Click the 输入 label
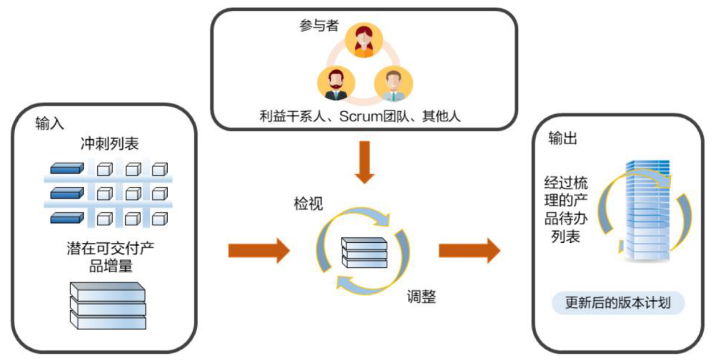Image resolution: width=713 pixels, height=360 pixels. point(50,124)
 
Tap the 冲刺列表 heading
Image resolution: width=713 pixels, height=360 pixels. point(109,144)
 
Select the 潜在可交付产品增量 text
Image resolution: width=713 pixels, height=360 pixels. point(110,258)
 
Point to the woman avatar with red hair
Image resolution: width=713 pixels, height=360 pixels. point(363,42)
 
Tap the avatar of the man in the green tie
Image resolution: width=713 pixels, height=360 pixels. point(393,84)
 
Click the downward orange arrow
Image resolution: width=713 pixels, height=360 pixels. point(364,163)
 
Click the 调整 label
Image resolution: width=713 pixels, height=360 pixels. point(421,296)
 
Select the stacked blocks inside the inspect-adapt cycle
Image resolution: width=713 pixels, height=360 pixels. point(364,252)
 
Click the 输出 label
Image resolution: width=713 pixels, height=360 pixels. point(563,138)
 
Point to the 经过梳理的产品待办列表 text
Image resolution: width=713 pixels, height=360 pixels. point(566,210)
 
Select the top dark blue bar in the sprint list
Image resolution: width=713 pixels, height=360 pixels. point(67,168)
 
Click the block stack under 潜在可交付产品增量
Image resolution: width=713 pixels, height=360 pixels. point(108,305)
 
